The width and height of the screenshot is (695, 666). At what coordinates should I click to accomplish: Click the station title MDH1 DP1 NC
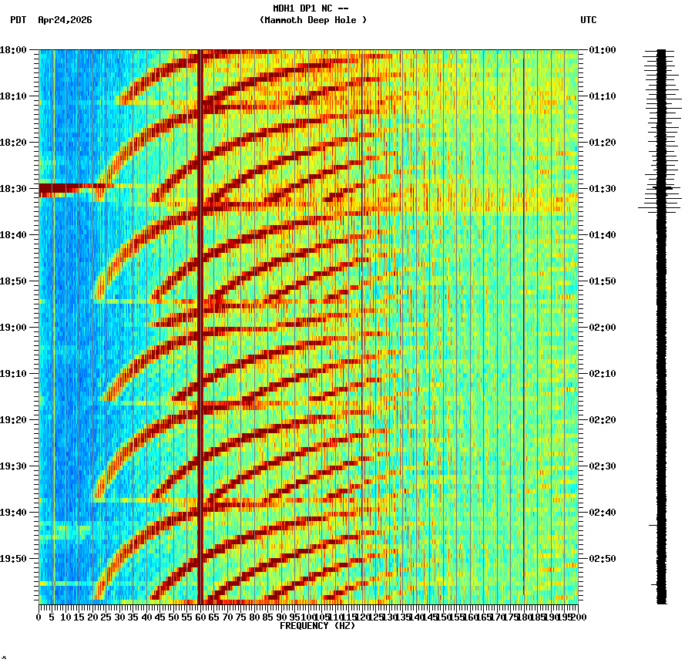tap(312, 8)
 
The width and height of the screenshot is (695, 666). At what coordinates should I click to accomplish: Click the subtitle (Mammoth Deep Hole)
tap(313, 20)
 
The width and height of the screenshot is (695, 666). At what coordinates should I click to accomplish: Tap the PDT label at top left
tap(18, 20)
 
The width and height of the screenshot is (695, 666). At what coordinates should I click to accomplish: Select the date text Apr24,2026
tap(65, 20)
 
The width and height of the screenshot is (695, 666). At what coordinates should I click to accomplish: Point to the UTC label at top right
tap(588, 20)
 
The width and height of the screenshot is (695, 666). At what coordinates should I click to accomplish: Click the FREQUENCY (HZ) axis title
tap(316, 626)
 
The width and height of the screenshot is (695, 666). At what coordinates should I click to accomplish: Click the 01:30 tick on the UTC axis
tap(602, 189)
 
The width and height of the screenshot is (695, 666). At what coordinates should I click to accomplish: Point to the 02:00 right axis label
tap(602, 328)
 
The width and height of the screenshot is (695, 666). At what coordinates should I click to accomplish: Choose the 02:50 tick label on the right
tap(602, 559)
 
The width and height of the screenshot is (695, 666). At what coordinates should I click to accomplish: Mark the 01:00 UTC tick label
tap(602, 50)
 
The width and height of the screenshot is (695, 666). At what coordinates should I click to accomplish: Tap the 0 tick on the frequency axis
tap(39, 617)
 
